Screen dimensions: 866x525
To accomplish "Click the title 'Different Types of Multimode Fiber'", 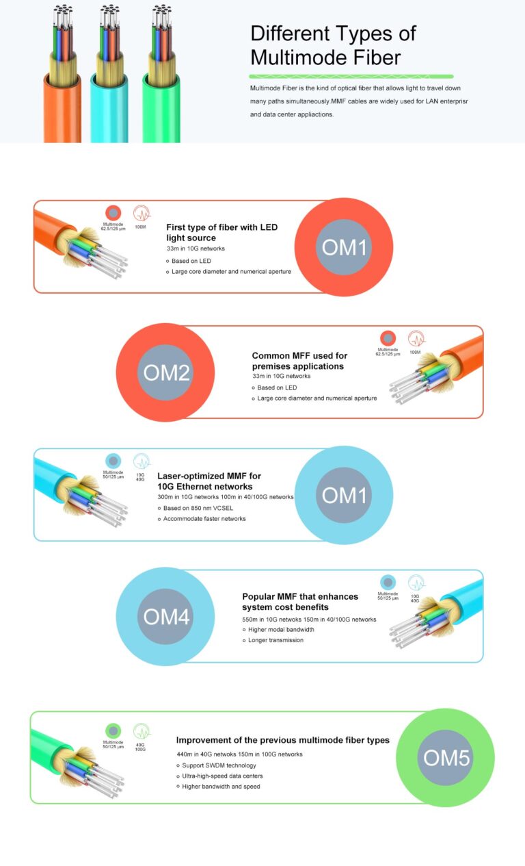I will point(333,44).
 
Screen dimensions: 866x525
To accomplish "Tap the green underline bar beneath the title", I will point(351,76).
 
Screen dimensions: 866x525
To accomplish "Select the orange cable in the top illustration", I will point(62,103).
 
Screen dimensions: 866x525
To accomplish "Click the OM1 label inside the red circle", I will point(344,247).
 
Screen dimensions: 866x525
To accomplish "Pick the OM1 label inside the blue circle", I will point(344,495).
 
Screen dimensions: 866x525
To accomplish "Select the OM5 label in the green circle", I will point(446,758).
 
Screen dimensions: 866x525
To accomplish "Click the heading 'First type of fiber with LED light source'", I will point(221,232).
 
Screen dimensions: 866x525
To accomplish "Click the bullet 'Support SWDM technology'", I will point(219,765).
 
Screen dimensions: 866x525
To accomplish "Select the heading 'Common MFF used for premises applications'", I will point(299,361).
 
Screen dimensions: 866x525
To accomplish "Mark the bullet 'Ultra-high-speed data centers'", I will point(222,776).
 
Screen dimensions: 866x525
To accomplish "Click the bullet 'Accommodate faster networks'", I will point(204,519).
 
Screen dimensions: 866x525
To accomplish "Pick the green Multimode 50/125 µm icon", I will point(113,731).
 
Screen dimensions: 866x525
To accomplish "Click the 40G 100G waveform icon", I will point(142,731).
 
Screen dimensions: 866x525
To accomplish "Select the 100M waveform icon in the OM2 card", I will point(416,338).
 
